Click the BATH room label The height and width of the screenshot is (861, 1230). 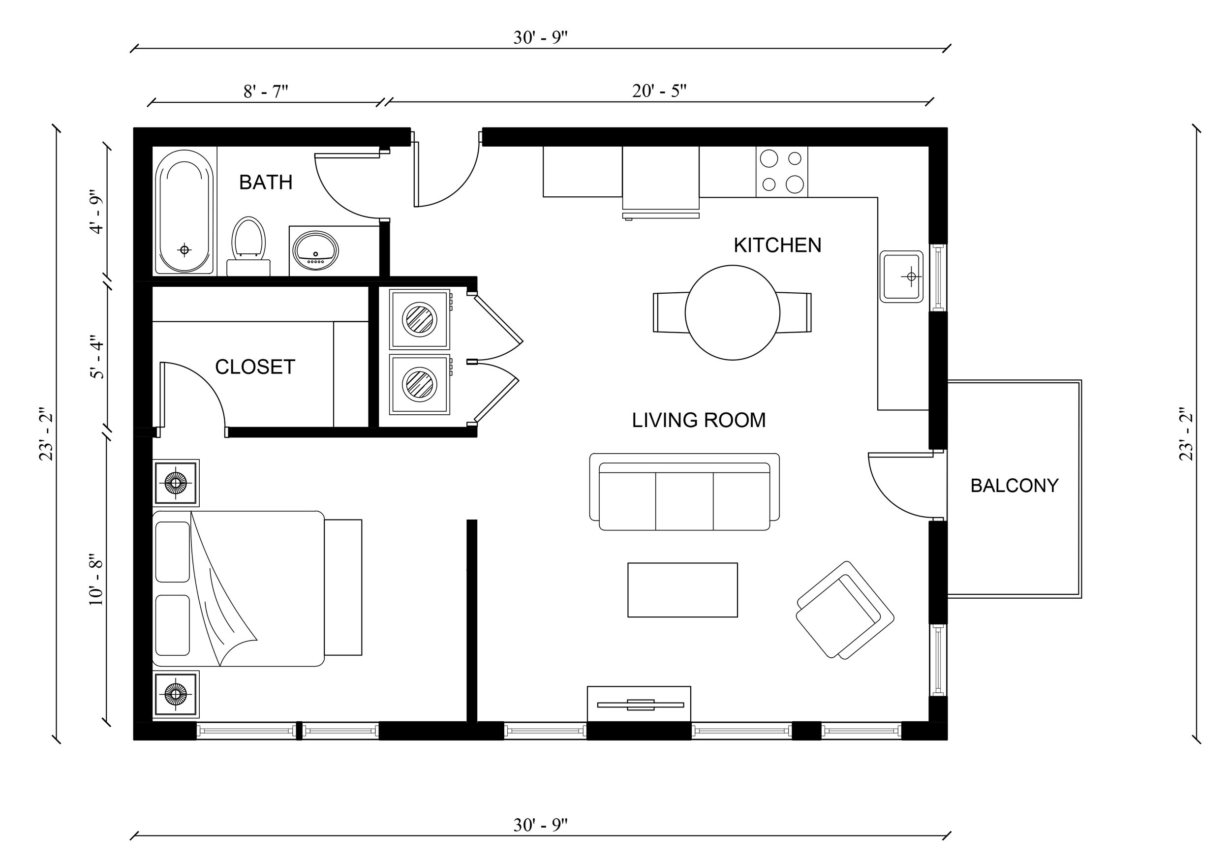coord(266,182)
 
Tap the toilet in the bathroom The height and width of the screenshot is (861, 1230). coord(248,241)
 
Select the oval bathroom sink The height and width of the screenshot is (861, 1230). coord(315,251)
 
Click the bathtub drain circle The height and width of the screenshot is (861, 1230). coord(184,249)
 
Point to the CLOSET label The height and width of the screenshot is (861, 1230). coord(255,367)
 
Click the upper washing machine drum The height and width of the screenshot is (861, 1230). coord(420,319)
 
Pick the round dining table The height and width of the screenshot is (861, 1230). coord(732,312)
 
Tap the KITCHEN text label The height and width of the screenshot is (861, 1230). coord(777,246)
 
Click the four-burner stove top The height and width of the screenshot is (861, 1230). coord(782,171)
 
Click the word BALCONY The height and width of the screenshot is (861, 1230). coord(1014,486)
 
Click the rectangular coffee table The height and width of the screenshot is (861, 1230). coord(682,590)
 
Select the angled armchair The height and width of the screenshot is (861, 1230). coord(844,610)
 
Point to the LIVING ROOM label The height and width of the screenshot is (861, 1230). coord(699,420)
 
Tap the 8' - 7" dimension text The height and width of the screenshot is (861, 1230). coord(266,92)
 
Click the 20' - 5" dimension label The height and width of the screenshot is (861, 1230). coord(659,91)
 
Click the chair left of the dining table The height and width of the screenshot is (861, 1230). coord(670,312)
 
